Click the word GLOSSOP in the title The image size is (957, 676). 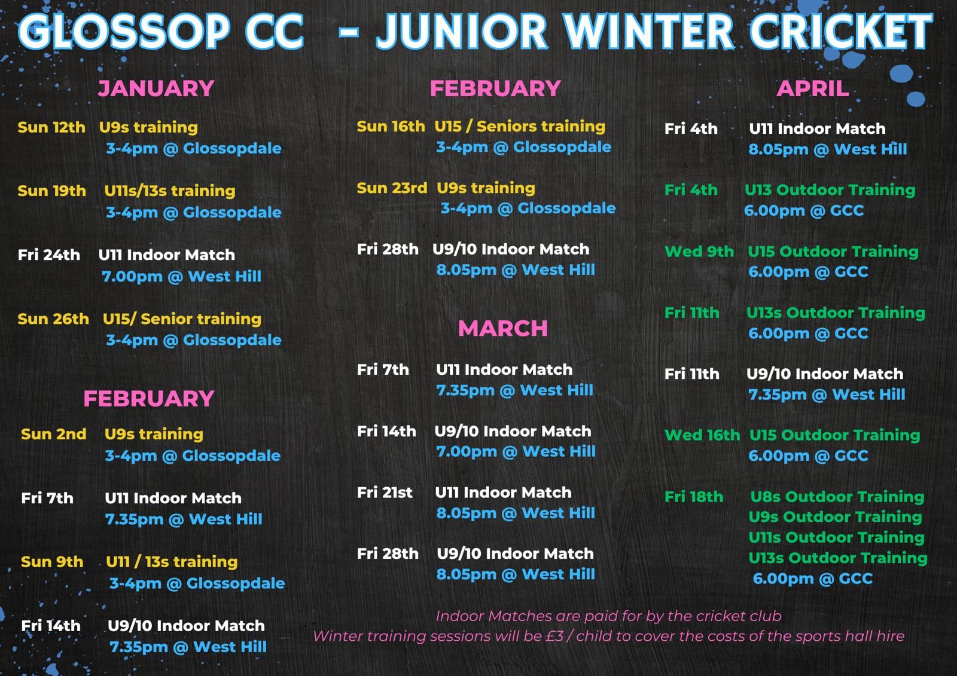pyautogui.click(x=124, y=30)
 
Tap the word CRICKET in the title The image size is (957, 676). pyautogui.click(x=841, y=30)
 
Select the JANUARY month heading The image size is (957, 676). pyautogui.click(x=156, y=88)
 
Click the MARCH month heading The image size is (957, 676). pyautogui.click(x=503, y=328)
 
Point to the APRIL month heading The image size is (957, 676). pyautogui.click(x=813, y=89)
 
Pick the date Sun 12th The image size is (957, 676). pyautogui.click(x=51, y=127)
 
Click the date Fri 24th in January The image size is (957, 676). pyautogui.click(x=48, y=255)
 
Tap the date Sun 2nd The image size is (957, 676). pyautogui.click(x=53, y=434)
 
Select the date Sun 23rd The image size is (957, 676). pyautogui.click(x=392, y=188)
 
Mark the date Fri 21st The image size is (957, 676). pyautogui.click(x=385, y=493)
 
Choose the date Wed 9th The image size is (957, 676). pyautogui.click(x=699, y=252)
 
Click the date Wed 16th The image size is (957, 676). pyautogui.click(x=702, y=435)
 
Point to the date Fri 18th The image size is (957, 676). pyautogui.click(x=694, y=497)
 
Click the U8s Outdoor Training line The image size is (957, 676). pyautogui.click(x=837, y=497)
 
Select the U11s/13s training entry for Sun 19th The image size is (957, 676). pyautogui.click(x=170, y=191)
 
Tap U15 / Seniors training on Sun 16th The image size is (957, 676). pyautogui.click(x=520, y=127)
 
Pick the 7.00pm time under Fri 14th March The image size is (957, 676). pyautogui.click(x=467, y=451)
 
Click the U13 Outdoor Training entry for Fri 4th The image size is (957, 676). pyautogui.click(x=830, y=190)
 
